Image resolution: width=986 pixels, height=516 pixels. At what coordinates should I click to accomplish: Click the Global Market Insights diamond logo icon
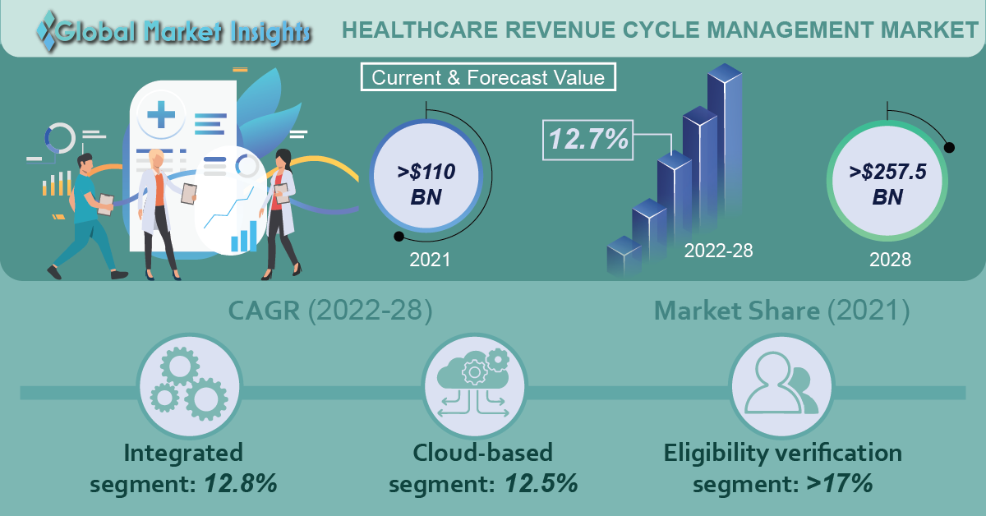[x=47, y=31]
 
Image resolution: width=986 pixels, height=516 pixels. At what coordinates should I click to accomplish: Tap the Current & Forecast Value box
[x=488, y=77]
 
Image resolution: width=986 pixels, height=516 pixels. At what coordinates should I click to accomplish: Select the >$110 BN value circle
[x=426, y=176]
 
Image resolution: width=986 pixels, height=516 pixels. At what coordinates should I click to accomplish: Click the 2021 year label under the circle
[x=430, y=260]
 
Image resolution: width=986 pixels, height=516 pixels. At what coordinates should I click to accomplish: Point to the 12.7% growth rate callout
[x=588, y=140]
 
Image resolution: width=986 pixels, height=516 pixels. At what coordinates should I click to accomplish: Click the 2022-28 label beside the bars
[x=718, y=251]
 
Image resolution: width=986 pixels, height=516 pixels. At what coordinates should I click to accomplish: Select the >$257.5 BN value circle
[x=887, y=181]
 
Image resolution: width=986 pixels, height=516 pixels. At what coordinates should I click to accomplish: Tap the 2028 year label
[x=890, y=260]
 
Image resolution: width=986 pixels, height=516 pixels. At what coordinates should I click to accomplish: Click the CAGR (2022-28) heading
[x=330, y=311]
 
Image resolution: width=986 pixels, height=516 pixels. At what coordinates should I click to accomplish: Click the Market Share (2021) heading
[x=781, y=311]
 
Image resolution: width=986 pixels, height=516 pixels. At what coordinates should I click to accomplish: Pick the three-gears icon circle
[x=190, y=386]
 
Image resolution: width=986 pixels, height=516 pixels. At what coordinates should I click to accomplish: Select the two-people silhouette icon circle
[x=781, y=386]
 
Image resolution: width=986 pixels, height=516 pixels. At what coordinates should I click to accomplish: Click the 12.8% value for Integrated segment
[x=240, y=483]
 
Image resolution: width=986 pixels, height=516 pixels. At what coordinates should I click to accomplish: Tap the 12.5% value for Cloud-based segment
[x=541, y=483]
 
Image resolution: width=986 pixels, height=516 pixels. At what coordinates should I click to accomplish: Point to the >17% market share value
[x=840, y=483]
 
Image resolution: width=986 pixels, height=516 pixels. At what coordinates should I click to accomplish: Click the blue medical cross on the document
[x=161, y=114]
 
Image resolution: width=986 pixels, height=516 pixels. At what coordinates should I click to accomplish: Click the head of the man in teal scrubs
[x=85, y=164]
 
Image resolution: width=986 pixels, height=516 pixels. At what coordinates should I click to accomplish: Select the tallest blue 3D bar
[x=725, y=145]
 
